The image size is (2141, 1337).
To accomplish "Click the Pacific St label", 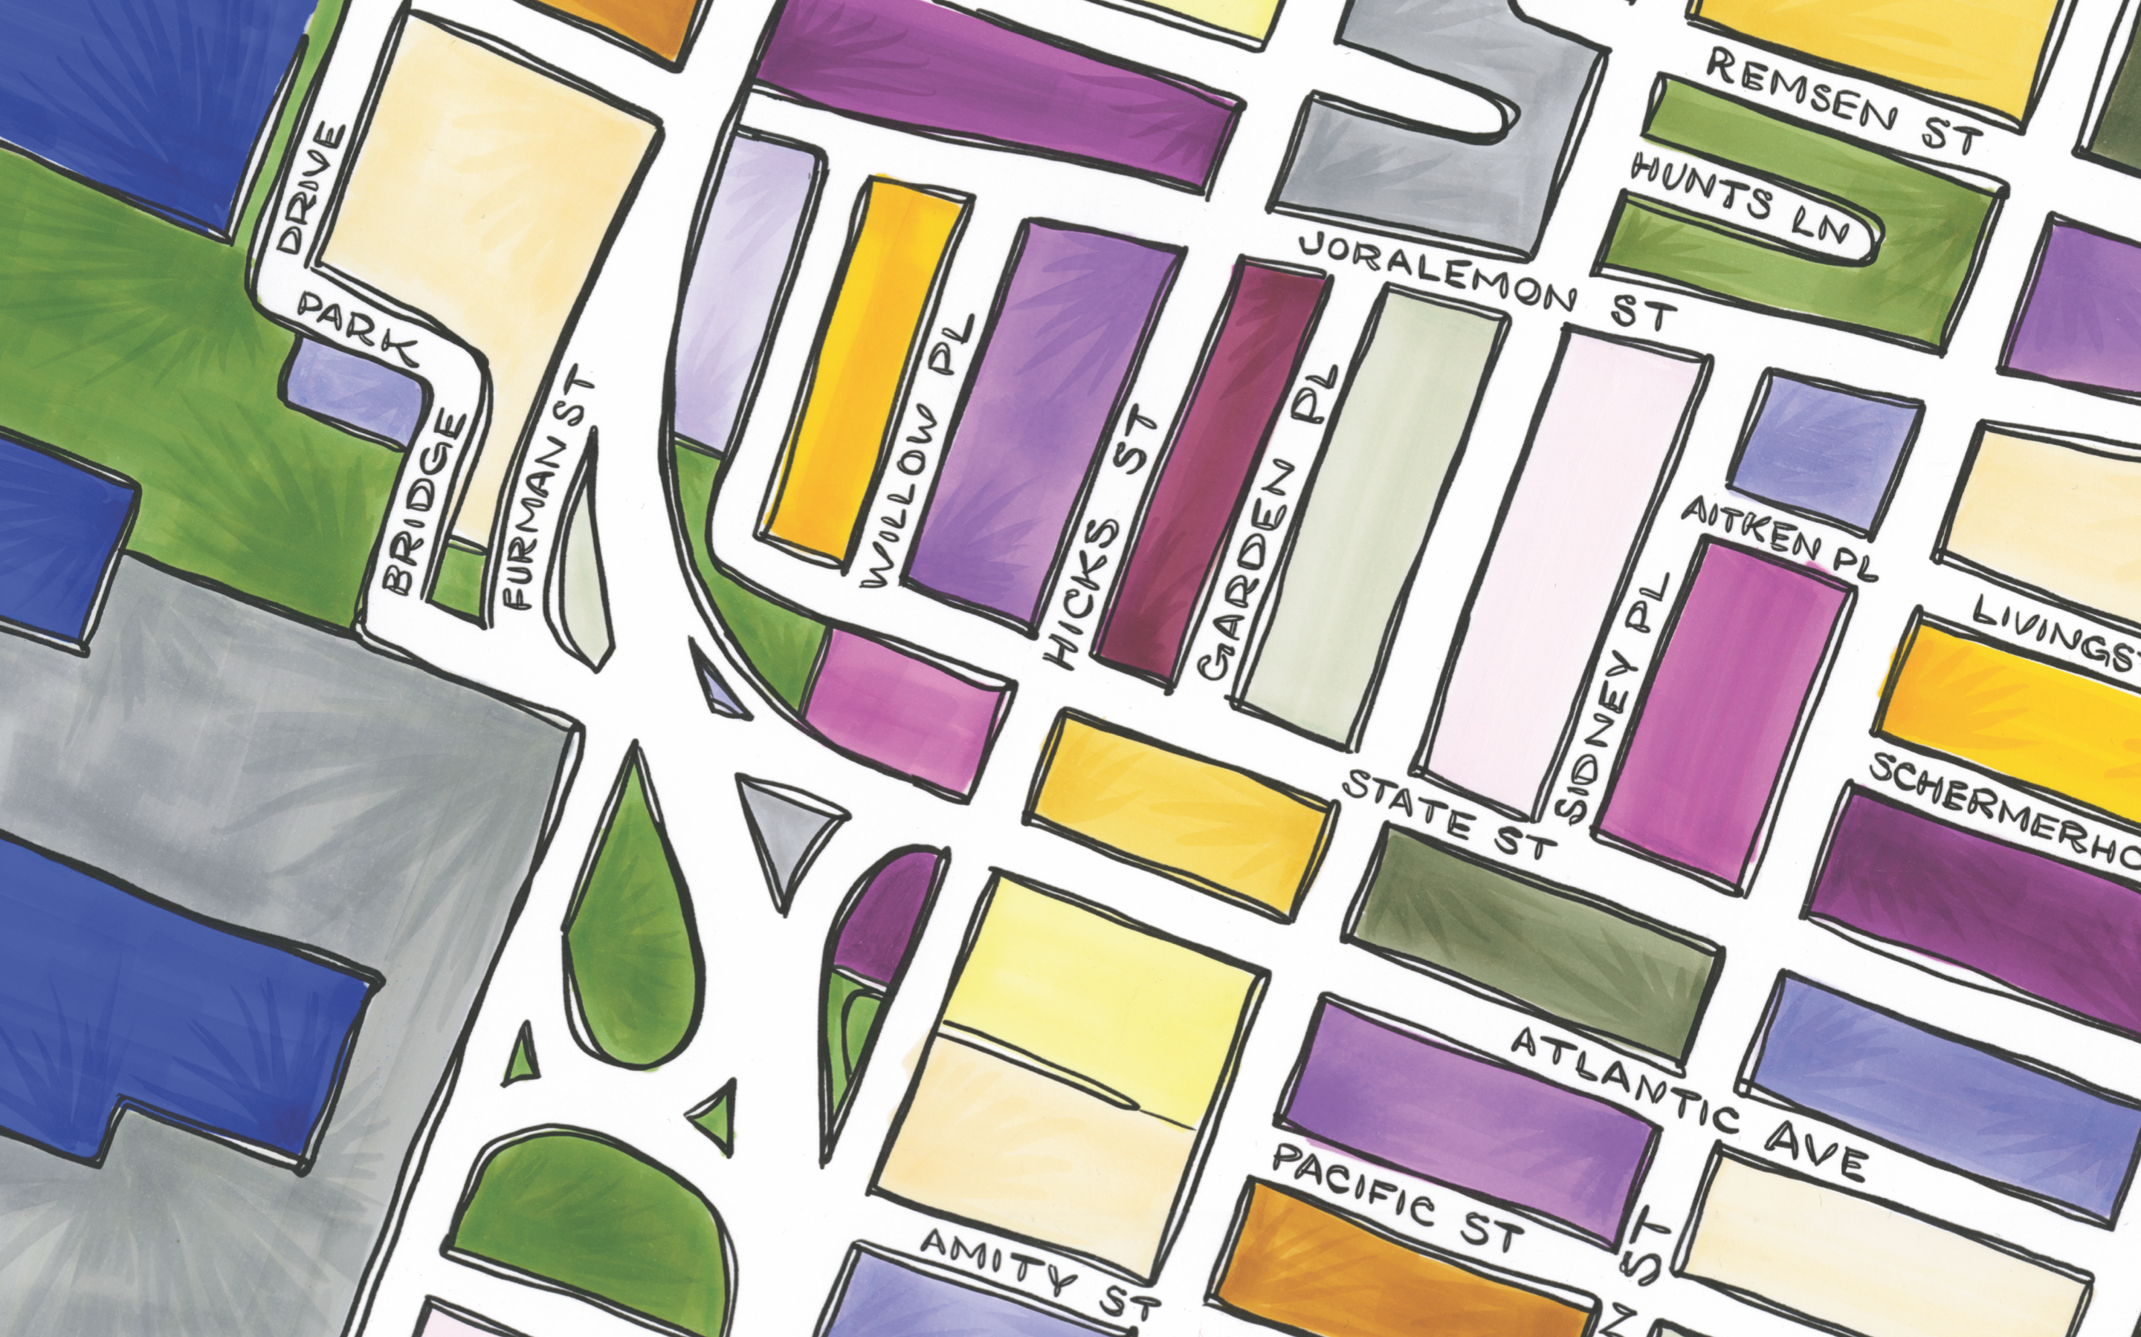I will (x=1398, y=1198).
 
